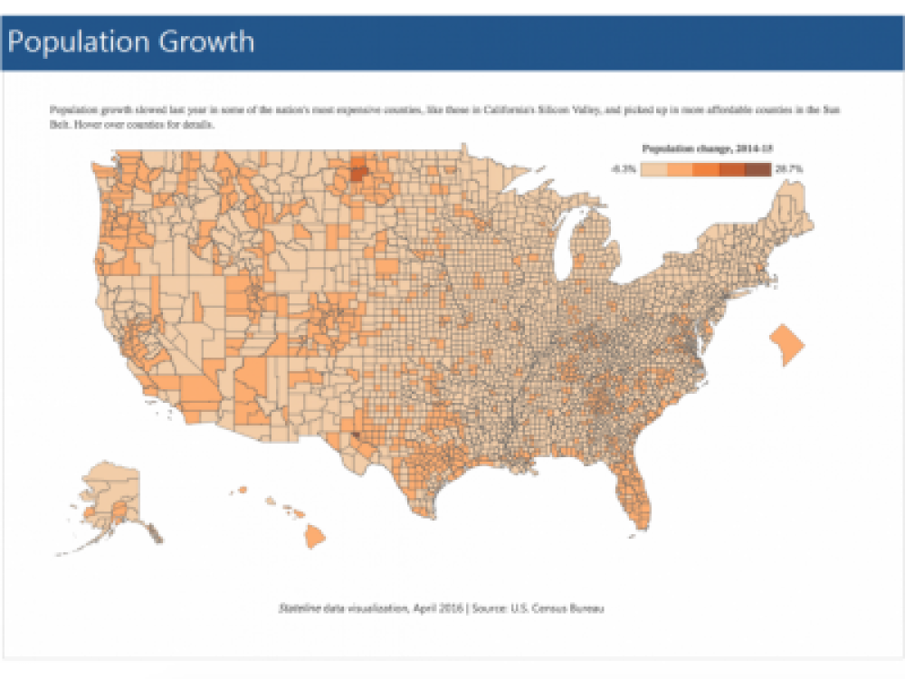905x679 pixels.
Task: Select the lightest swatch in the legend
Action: click(x=653, y=169)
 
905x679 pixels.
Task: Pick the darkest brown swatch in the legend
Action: click(x=758, y=169)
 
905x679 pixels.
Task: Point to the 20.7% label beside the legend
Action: click(x=789, y=169)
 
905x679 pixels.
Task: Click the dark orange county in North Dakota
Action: click(x=358, y=172)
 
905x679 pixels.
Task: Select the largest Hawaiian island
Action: click(x=314, y=537)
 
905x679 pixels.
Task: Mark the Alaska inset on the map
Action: click(x=113, y=498)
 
